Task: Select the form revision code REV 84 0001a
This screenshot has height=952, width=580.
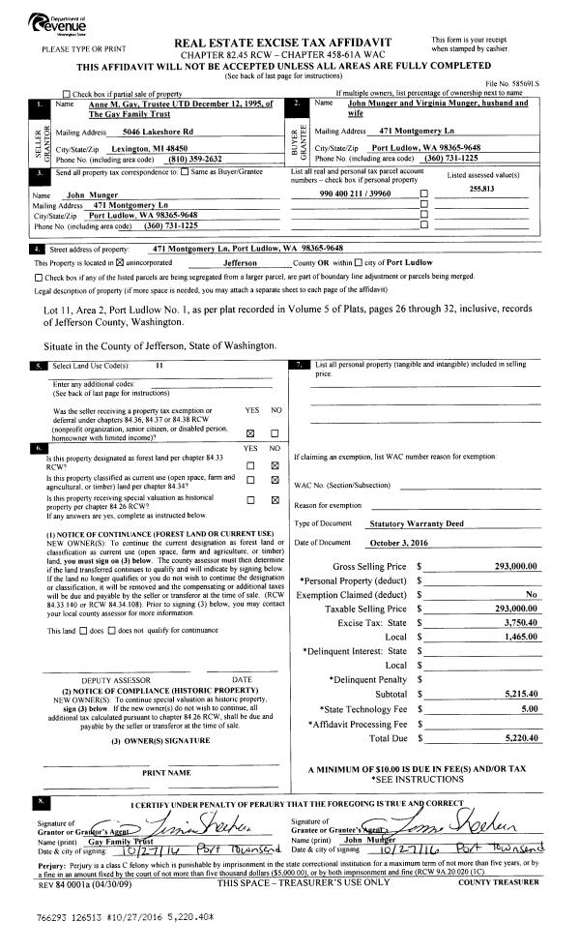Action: (x=65, y=882)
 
